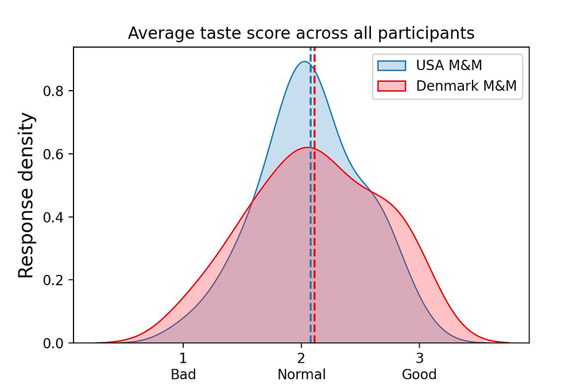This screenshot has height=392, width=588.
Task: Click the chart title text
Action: point(301,33)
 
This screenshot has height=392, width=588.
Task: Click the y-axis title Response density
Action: point(26,196)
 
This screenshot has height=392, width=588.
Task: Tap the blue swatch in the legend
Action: point(392,65)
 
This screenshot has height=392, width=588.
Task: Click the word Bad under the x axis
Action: point(183,375)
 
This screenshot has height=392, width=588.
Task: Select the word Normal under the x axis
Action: point(301,375)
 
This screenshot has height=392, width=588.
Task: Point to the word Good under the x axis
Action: point(419,375)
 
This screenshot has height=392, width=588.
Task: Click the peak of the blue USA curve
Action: point(305,62)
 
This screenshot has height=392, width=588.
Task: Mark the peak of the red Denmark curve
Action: point(307,148)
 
